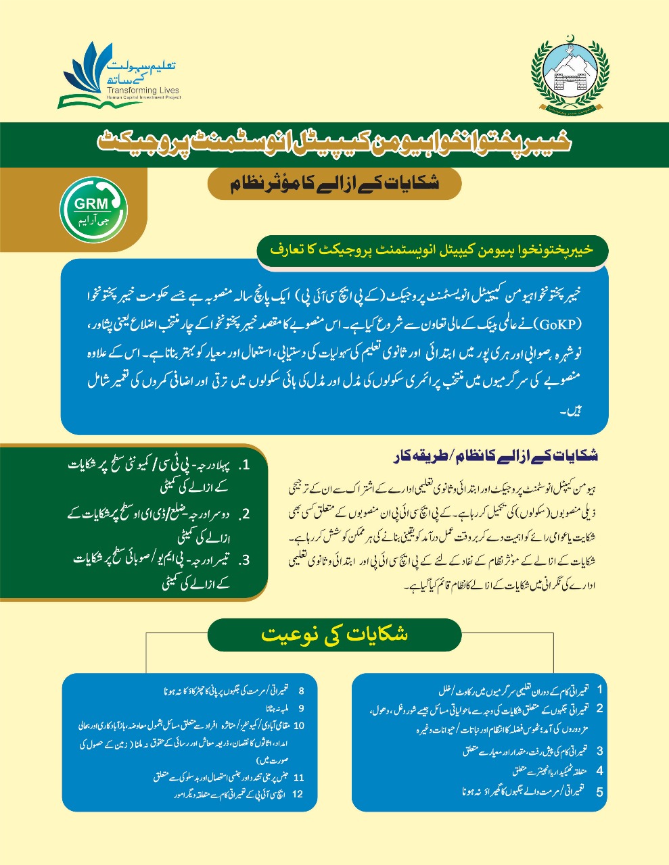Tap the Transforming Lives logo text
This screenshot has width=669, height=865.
pyautogui.click(x=141, y=90)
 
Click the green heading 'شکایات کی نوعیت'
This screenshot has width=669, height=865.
pyautogui.click(x=334, y=635)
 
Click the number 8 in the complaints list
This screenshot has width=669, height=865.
pyautogui.click(x=301, y=691)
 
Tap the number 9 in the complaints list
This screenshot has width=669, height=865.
pyautogui.click(x=301, y=708)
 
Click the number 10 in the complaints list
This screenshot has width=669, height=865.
pyautogui.click(x=300, y=726)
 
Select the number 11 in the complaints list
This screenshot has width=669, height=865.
pyautogui.click(x=299, y=778)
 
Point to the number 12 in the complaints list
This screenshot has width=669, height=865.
pyautogui.click(x=298, y=795)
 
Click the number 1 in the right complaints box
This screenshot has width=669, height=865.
pyautogui.click(x=599, y=689)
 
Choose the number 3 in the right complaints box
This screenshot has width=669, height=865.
pyautogui.click(x=599, y=751)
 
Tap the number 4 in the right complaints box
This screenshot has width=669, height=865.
pyautogui.click(x=599, y=770)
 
